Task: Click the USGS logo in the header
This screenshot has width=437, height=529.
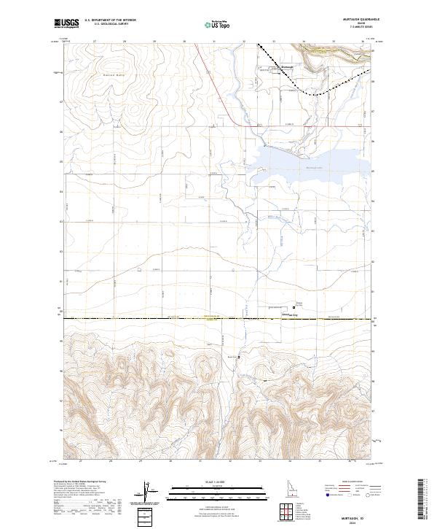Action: click(66, 24)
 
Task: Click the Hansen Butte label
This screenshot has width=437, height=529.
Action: click(113, 75)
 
